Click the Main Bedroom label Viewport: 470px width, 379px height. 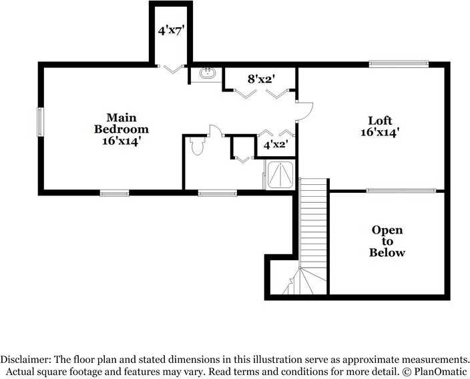121,129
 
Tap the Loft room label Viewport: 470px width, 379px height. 379,127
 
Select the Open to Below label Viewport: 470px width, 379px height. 387,242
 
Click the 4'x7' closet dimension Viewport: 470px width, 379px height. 171,31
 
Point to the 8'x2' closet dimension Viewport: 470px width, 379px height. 262,79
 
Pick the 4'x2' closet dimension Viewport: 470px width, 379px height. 275,144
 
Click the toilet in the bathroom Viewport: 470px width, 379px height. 197,146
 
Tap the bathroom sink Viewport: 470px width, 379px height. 206,73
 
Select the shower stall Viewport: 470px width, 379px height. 281,175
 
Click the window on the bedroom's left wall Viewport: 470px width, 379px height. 40,122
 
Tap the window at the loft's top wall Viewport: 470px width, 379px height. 390,64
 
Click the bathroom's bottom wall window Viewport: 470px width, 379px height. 218,194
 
